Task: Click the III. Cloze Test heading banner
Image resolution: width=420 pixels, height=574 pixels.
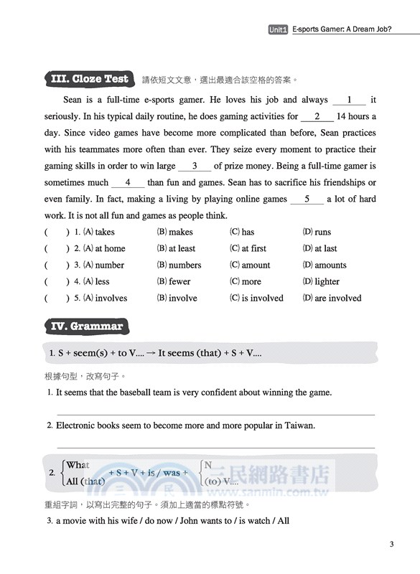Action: (x=90, y=79)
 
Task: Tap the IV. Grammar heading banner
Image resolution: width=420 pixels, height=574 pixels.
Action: (x=85, y=326)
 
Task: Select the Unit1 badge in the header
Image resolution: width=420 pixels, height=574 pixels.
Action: (x=278, y=30)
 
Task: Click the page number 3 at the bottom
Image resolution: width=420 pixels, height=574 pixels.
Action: (x=391, y=545)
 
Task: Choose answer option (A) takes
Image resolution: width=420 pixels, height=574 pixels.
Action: (x=99, y=232)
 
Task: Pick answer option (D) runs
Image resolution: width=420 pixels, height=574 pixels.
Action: (x=317, y=232)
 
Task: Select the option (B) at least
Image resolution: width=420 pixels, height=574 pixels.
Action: (x=176, y=248)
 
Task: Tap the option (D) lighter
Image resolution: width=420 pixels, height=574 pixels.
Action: (x=321, y=281)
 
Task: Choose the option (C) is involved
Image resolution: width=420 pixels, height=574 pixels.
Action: (x=256, y=298)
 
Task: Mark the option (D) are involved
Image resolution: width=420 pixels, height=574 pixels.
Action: (x=332, y=298)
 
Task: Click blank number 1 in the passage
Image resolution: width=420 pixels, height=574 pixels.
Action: (x=350, y=100)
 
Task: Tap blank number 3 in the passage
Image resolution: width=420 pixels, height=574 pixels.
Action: (x=195, y=166)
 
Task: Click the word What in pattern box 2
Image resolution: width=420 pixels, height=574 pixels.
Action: (x=78, y=465)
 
